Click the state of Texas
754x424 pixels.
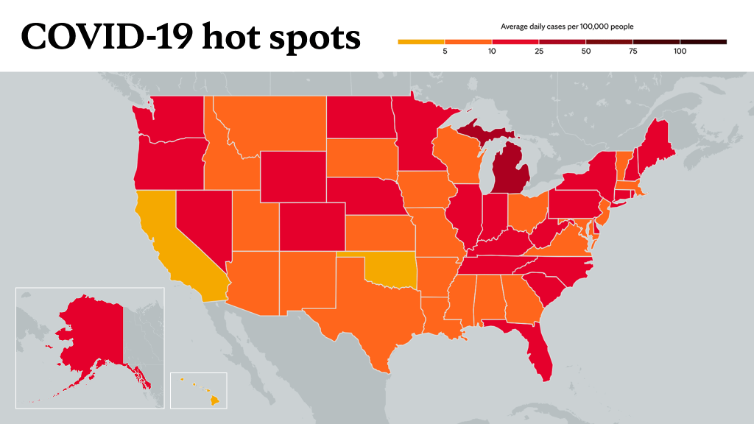tap(370, 308)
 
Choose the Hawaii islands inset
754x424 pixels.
tap(198, 390)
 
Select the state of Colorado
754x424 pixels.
tap(312, 227)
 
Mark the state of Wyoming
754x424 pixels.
tap(293, 177)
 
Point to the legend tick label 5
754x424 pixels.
tap(445, 51)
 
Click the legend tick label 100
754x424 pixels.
tap(680, 51)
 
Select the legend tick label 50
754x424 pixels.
tap(585, 51)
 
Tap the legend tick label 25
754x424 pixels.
tap(539, 51)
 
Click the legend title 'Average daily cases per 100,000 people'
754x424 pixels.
tap(567, 26)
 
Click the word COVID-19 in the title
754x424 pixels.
tap(108, 37)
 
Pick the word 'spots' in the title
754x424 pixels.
tap(314, 38)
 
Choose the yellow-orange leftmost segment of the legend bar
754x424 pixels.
tap(421, 42)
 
